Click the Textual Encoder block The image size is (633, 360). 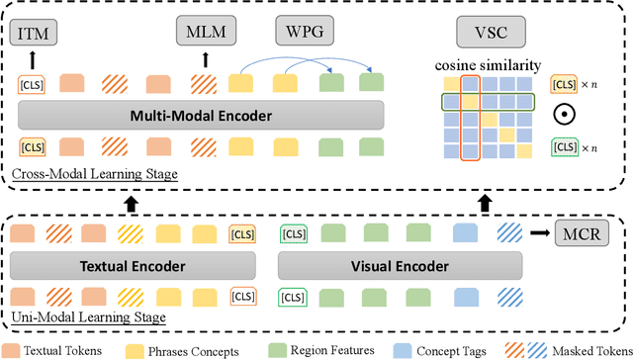coord(135,265)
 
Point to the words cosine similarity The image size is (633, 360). coord(488,64)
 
